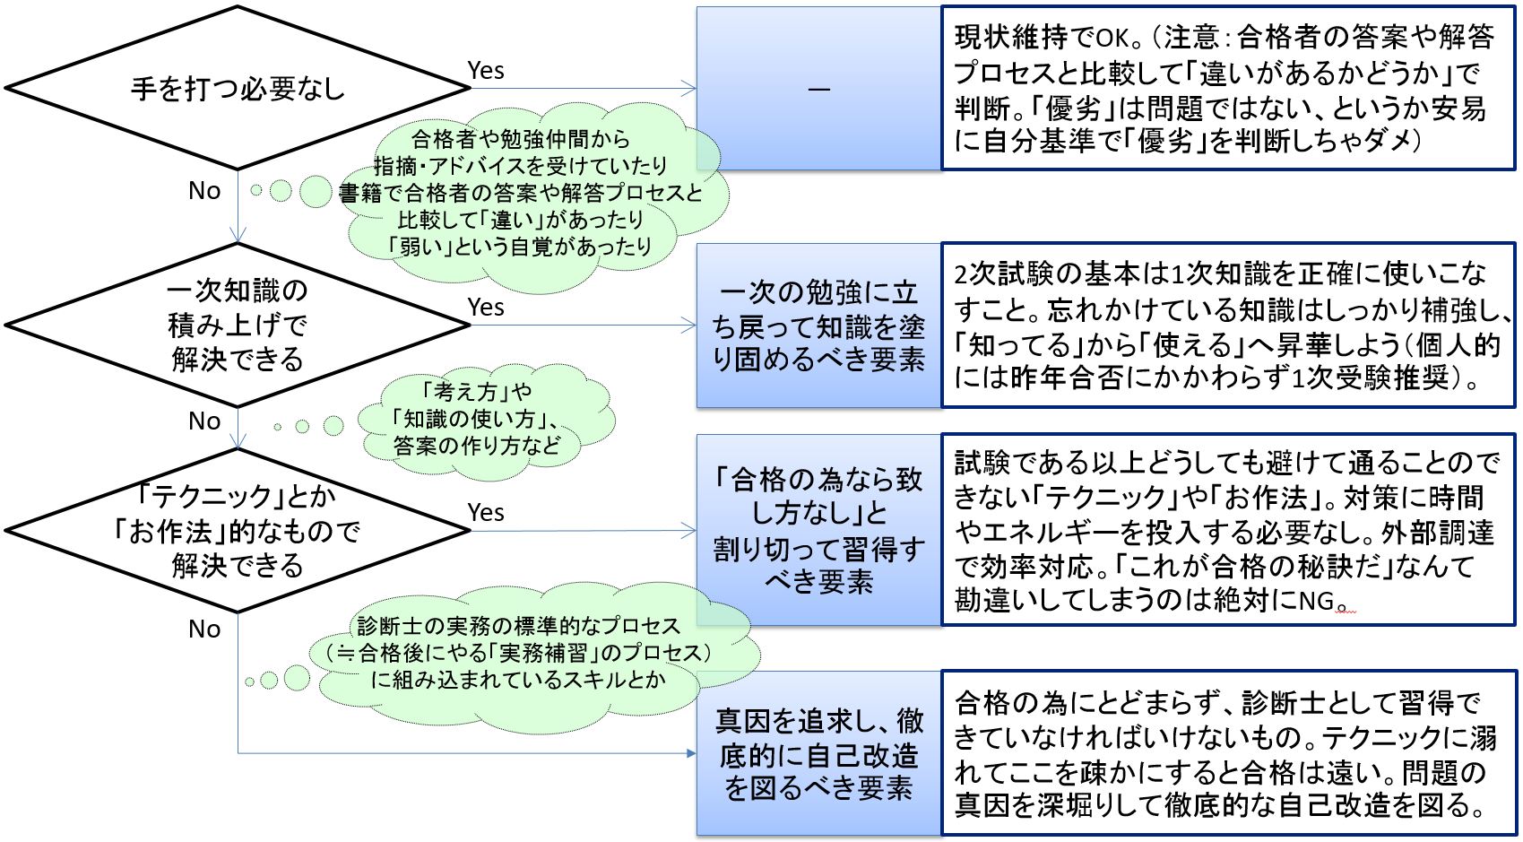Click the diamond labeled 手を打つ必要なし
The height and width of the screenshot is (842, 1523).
(x=238, y=88)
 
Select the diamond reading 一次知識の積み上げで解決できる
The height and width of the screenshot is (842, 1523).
(x=238, y=325)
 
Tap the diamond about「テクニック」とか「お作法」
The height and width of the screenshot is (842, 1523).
(x=238, y=531)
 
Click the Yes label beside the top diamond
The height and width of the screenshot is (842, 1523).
(x=486, y=71)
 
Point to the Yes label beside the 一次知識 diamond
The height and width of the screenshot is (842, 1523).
(x=486, y=308)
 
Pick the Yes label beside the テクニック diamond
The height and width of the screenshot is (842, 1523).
(x=486, y=513)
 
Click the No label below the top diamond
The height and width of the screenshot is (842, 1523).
(x=204, y=191)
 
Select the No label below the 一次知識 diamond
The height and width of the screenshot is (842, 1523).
(x=204, y=421)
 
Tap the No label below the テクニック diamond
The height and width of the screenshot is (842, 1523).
(x=204, y=629)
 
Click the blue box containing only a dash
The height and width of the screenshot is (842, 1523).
(x=818, y=88)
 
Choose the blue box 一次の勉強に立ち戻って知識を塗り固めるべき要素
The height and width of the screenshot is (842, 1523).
(x=818, y=326)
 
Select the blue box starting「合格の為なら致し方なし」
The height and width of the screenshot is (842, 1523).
(x=818, y=530)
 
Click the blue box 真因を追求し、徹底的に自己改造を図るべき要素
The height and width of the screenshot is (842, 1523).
(x=818, y=753)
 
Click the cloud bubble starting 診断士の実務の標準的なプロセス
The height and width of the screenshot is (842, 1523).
(x=520, y=653)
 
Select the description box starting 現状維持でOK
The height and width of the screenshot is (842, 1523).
(x=1227, y=88)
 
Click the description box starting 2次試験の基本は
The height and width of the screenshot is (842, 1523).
(x=1227, y=326)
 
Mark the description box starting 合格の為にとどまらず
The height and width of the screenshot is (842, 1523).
(x=1227, y=753)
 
